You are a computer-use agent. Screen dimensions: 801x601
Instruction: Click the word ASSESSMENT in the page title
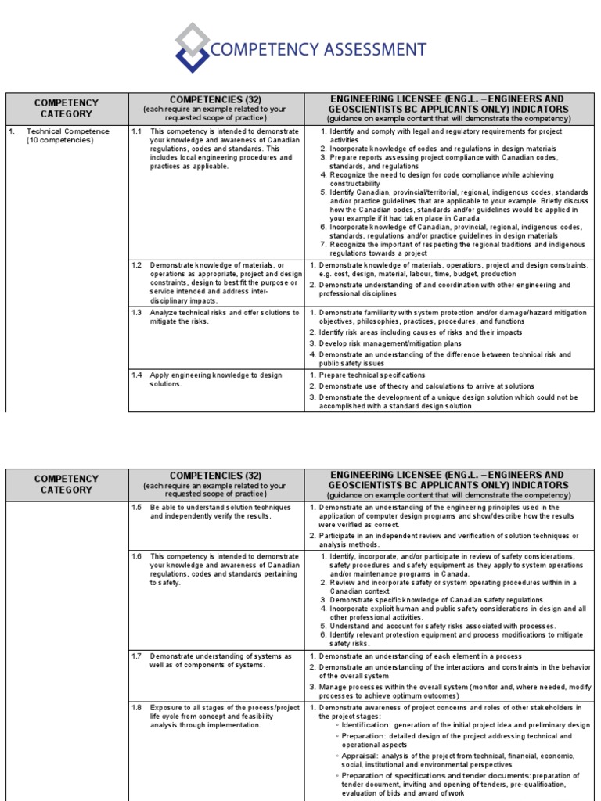tap(367, 50)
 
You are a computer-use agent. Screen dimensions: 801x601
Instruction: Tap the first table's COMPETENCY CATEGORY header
tap(67, 108)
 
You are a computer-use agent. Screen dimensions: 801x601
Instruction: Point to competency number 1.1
tap(136, 131)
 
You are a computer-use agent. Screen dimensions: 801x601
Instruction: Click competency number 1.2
tap(136, 265)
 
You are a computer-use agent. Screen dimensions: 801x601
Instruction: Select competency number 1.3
tap(136, 312)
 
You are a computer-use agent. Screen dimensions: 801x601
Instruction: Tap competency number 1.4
tap(136, 375)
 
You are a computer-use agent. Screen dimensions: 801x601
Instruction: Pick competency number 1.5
tap(136, 507)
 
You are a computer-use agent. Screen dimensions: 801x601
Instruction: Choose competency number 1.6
tap(136, 555)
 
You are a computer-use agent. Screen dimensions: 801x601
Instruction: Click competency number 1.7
tap(136, 656)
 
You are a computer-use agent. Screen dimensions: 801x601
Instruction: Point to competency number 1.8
tap(136, 707)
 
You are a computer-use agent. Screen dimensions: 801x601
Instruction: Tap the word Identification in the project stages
tap(368, 725)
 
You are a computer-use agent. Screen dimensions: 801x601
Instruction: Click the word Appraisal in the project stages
tap(362, 756)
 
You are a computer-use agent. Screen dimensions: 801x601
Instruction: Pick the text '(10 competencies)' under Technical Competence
tap(59, 141)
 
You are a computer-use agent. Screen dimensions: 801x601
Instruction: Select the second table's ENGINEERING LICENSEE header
tap(448, 480)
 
